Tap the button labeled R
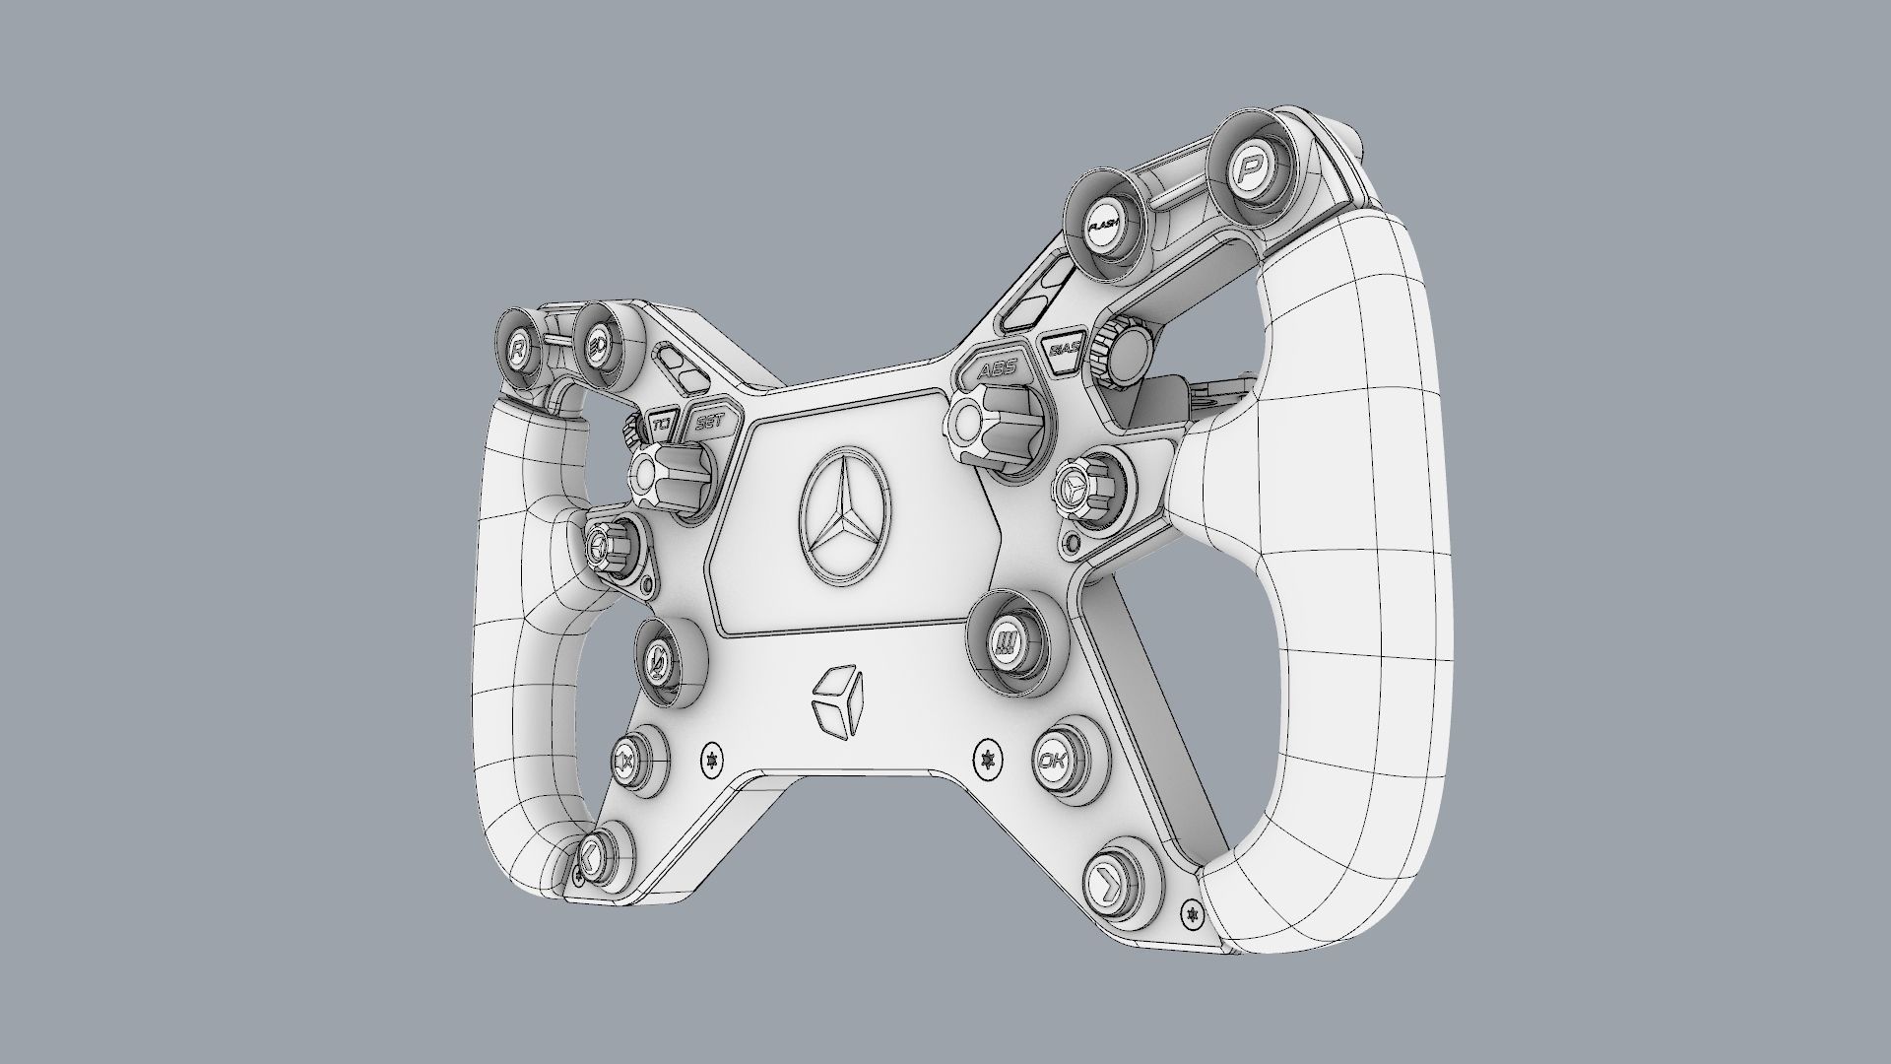(518, 349)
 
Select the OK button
(1052, 762)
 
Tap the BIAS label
(1065, 349)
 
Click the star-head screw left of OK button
(984, 759)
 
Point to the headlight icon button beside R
(595, 346)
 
